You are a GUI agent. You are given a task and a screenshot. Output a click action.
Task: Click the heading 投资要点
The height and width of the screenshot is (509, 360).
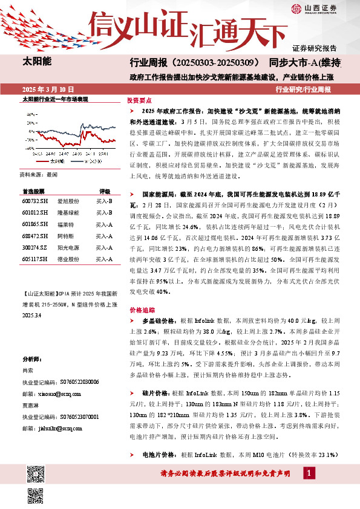(139, 101)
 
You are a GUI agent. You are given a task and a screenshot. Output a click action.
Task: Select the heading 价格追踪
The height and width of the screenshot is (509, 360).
(139, 310)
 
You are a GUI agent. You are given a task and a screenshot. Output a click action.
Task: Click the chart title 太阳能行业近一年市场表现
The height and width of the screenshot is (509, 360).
(55, 99)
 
